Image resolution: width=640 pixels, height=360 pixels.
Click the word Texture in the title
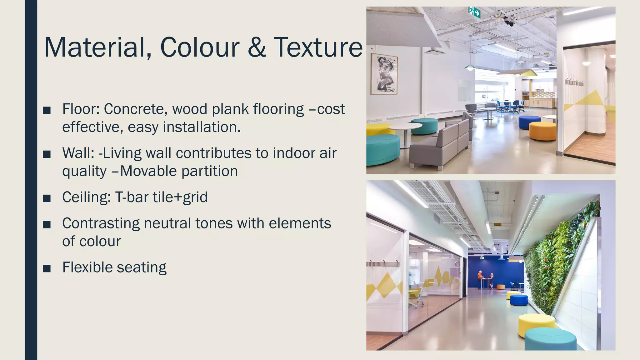pyautogui.click(x=318, y=47)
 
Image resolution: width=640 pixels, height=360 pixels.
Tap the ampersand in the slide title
pyautogui.click(x=256, y=47)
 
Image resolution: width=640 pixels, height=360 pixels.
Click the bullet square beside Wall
pyautogui.click(x=47, y=154)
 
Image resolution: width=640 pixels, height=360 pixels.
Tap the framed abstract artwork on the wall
pyautogui.click(x=384, y=74)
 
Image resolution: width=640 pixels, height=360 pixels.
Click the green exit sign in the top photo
pyautogui.click(x=474, y=12)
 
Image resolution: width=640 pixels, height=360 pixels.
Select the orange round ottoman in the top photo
pyautogui.click(x=542, y=131)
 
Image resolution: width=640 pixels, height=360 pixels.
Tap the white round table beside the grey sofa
pyautogui.click(x=405, y=128)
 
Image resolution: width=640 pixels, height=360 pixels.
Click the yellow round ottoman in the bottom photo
pyautogui.click(x=537, y=324)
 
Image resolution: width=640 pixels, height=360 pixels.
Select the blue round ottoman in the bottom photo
pyautogui.click(x=519, y=299)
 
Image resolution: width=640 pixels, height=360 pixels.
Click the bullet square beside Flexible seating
pyautogui.click(x=47, y=268)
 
